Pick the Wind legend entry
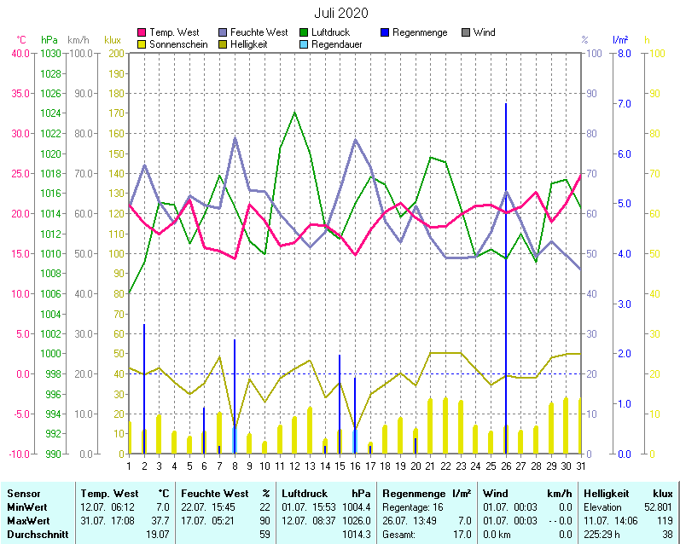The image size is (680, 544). tap(484, 32)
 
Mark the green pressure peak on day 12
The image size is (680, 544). tap(294, 113)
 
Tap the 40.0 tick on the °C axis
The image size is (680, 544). tap(20, 53)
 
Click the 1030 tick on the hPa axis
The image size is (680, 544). tap(50, 53)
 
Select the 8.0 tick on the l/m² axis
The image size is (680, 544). tap(623, 53)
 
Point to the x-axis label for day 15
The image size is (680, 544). tap(340, 465)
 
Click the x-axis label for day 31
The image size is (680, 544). tap(581, 465)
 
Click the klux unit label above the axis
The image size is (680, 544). tap(112, 39)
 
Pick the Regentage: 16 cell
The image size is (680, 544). tap(413, 506)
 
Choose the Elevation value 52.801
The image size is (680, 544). tap(656, 506)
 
